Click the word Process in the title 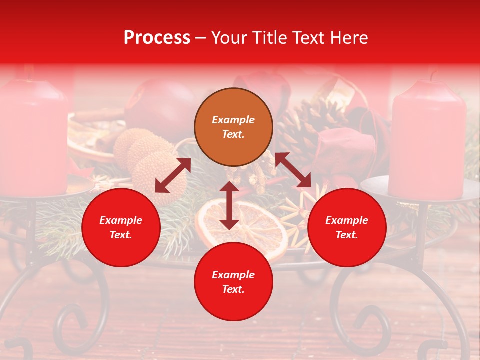[x=157, y=38]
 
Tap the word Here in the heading [x=348, y=38]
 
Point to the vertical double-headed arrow [x=229, y=205]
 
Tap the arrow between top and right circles [x=293, y=170]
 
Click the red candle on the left [x=32, y=135]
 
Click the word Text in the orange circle [x=233, y=134]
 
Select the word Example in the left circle [x=121, y=220]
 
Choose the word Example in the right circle [x=347, y=220]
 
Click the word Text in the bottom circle [x=233, y=289]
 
